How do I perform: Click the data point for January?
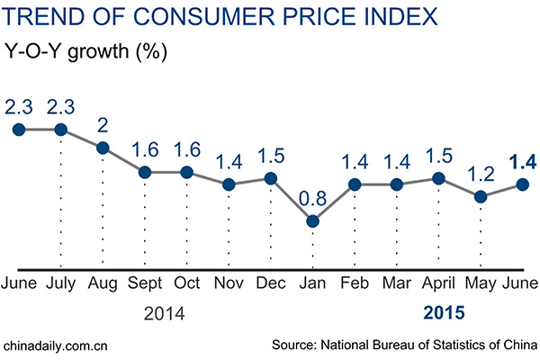point(312,220)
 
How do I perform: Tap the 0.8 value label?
point(312,194)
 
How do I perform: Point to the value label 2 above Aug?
point(103,123)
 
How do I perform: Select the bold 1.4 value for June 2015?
point(523,162)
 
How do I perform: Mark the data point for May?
point(481,196)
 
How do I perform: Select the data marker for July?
point(60,129)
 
